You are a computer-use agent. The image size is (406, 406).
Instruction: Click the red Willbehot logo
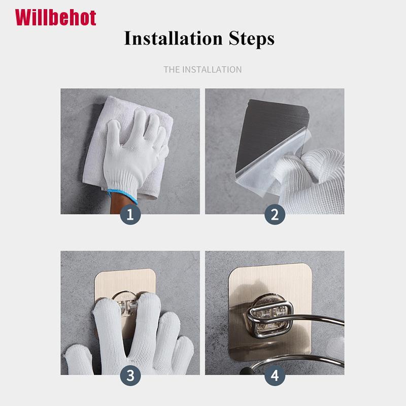[55, 18]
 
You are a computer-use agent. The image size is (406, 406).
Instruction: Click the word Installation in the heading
[173, 39]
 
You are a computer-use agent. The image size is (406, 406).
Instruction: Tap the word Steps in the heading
[251, 39]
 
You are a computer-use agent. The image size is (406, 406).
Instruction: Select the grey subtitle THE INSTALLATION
[202, 70]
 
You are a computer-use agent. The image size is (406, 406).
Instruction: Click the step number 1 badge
[130, 214]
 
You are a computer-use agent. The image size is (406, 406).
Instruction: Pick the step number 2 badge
[275, 214]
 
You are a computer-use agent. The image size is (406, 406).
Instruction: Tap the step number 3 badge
[130, 375]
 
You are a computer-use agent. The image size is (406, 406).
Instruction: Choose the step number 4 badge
[275, 375]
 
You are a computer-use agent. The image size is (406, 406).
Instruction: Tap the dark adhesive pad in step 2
[269, 129]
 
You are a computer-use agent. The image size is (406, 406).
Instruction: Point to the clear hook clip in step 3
[127, 306]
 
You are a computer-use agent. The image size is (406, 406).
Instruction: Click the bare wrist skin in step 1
[120, 205]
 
